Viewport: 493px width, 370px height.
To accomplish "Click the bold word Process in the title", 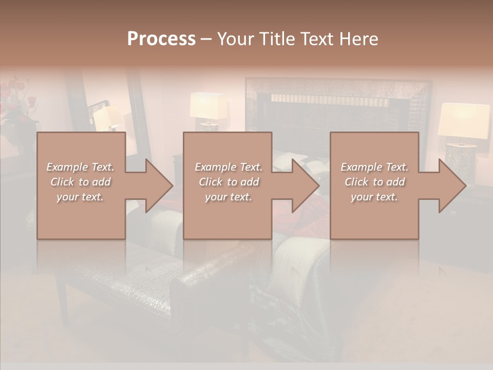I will pos(161,39).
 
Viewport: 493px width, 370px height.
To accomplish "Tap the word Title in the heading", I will pos(276,39).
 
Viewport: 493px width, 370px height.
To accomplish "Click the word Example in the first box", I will pos(66,167).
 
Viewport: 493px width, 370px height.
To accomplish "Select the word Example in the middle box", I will pos(215,167).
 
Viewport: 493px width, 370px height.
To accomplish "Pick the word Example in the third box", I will pos(361,167).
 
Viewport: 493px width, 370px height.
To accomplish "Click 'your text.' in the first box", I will pos(80,197).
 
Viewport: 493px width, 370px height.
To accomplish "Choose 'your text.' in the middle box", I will pos(229,197).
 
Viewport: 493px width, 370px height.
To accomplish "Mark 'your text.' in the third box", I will pos(374,197).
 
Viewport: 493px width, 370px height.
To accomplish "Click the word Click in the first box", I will pos(62,182).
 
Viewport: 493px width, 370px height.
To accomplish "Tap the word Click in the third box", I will pos(356,182).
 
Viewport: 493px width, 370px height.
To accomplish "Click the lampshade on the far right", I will pos(463,120).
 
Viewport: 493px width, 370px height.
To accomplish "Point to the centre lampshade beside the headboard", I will pos(208,106).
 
